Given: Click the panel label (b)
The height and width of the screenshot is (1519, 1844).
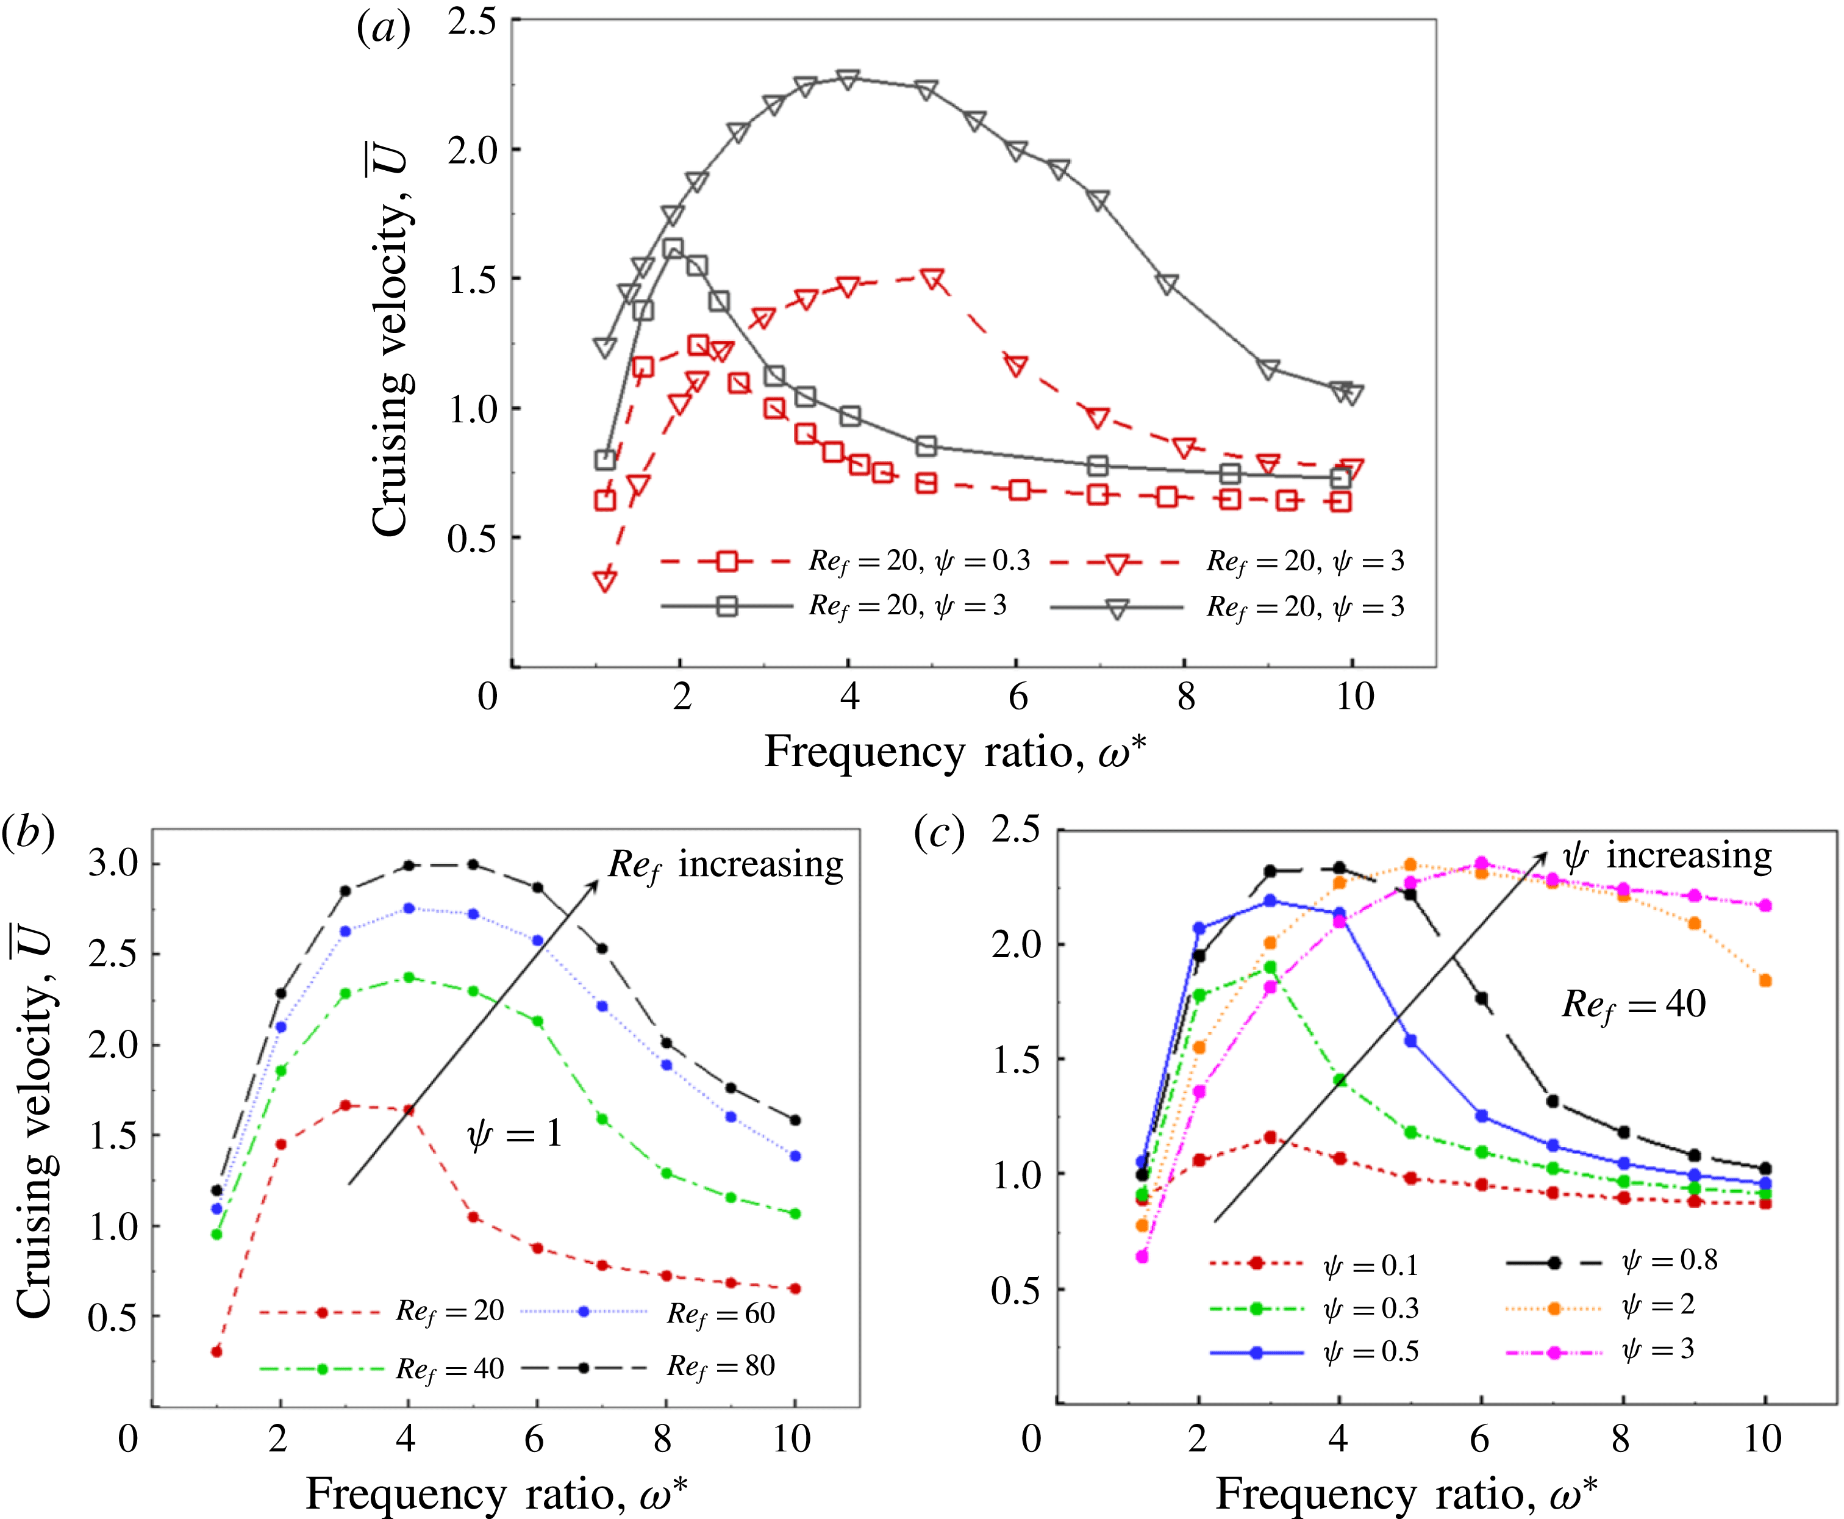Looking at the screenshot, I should (28, 832).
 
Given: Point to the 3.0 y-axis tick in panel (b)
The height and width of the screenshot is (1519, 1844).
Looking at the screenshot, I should (113, 864).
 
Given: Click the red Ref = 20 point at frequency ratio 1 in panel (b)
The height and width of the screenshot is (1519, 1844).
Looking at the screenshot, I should (216, 1351).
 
